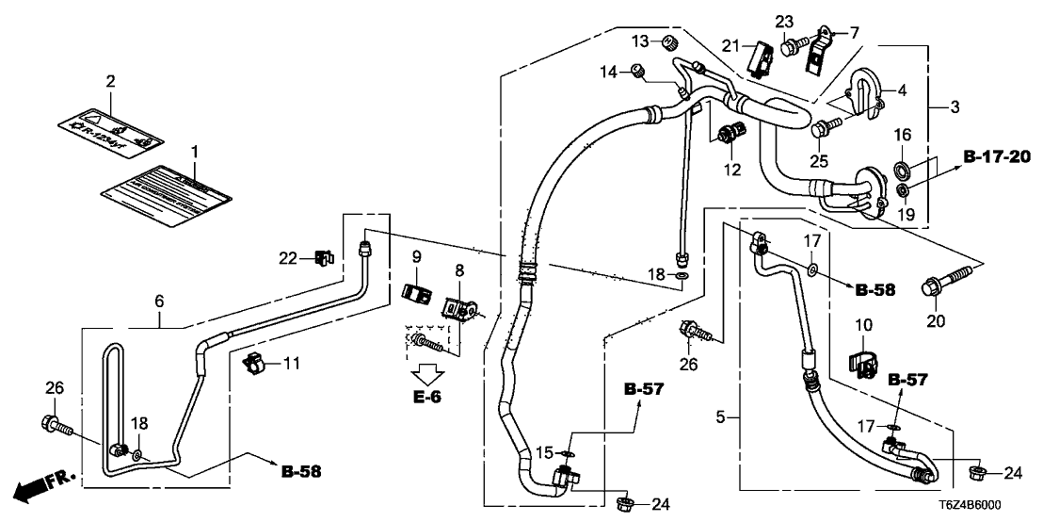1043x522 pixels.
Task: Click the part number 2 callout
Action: [110, 82]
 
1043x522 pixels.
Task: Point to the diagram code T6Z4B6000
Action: [999, 506]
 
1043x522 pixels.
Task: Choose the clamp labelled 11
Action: [251, 361]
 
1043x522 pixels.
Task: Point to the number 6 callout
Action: [159, 301]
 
